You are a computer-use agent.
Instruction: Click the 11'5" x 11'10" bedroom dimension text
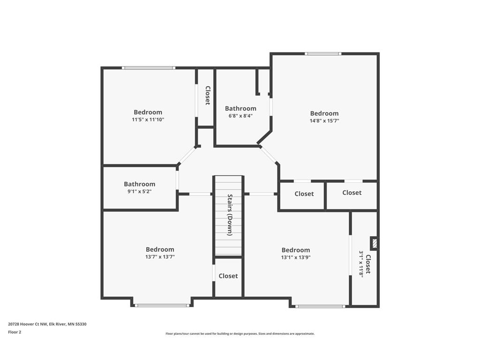pos(148,120)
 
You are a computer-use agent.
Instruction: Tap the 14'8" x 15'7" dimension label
pos(324,120)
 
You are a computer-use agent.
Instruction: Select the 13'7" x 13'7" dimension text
pos(160,257)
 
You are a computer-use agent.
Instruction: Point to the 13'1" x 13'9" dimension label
pos(295,257)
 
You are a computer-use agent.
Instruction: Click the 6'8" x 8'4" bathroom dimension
pos(240,116)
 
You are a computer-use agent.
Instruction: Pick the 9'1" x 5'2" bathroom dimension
pos(139,191)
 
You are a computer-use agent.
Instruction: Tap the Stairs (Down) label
pos(230,215)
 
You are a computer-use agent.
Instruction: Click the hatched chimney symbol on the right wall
pos(374,243)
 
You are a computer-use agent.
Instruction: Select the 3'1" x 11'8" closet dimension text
pos(361,263)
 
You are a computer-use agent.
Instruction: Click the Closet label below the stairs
pos(228,276)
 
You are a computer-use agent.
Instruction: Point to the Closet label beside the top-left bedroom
pos(207,95)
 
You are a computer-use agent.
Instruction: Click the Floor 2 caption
pos(15,332)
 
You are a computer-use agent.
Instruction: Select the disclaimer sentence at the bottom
pos(240,334)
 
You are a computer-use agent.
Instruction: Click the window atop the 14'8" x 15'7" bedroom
pos(322,54)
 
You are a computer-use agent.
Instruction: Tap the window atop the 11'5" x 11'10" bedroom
pos(149,68)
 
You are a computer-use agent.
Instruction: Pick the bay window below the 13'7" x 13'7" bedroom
pos(162,306)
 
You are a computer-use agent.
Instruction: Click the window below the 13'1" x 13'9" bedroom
pos(320,307)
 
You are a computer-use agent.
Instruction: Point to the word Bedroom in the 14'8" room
pos(324,113)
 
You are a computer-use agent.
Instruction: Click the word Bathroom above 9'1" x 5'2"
pos(139,184)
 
